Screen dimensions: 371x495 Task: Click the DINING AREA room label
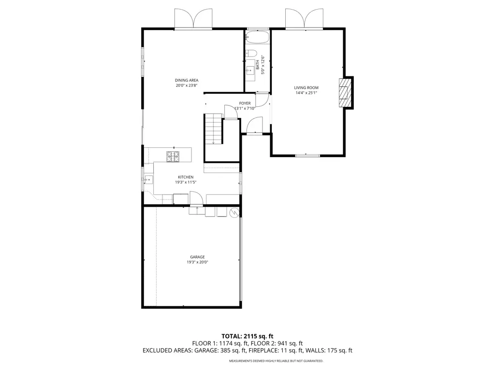pyautogui.click(x=187, y=80)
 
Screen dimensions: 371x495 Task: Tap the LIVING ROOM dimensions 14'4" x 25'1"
pyautogui.click(x=306, y=93)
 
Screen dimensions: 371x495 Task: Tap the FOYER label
pyautogui.click(x=245, y=103)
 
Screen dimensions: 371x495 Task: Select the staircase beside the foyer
pyautogui.click(x=213, y=129)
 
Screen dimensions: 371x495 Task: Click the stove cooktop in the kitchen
pyautogui.click(x=173, y=156)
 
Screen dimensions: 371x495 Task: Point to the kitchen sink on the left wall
pyautogui.click(x=148, y=180)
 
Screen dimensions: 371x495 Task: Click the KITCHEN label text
pyautogui.click(x=185, y=177)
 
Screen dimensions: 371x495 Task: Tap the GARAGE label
pyautogui.click(x=197, y=257)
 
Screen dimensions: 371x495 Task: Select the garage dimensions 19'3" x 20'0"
pyautogui.click(x=197, y=262)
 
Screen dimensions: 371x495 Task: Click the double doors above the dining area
pyautogui.click(x=193, y=19)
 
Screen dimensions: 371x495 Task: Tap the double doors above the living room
pyautogui.click(x=304, y=19)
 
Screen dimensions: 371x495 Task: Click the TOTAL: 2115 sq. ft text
pyautogui.click(x=247, y=336)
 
